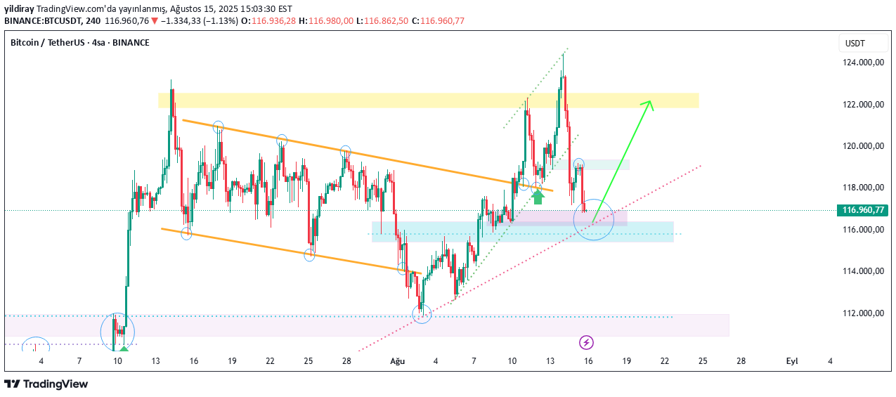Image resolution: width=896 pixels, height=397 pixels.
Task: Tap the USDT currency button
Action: point(855,44)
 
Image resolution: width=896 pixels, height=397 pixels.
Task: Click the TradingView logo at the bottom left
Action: point(46,384)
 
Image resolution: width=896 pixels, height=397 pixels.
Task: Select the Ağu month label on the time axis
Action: point(398,361)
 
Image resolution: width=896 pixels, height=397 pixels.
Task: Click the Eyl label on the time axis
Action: point(792,361)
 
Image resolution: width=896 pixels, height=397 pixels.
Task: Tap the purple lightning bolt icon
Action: point(586,342)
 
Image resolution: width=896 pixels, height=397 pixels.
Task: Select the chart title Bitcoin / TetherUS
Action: point(79,43)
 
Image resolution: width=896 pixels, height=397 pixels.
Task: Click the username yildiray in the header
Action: point(19,8)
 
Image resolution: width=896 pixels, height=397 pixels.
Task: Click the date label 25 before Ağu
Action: point(309,361)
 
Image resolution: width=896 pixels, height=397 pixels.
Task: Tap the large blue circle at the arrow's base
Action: point(594,220)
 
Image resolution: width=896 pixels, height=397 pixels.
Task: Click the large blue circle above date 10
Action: point(117,332)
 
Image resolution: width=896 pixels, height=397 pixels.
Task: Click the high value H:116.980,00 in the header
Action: point(326,20)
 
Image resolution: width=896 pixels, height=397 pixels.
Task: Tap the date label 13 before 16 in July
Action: point(155,361)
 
